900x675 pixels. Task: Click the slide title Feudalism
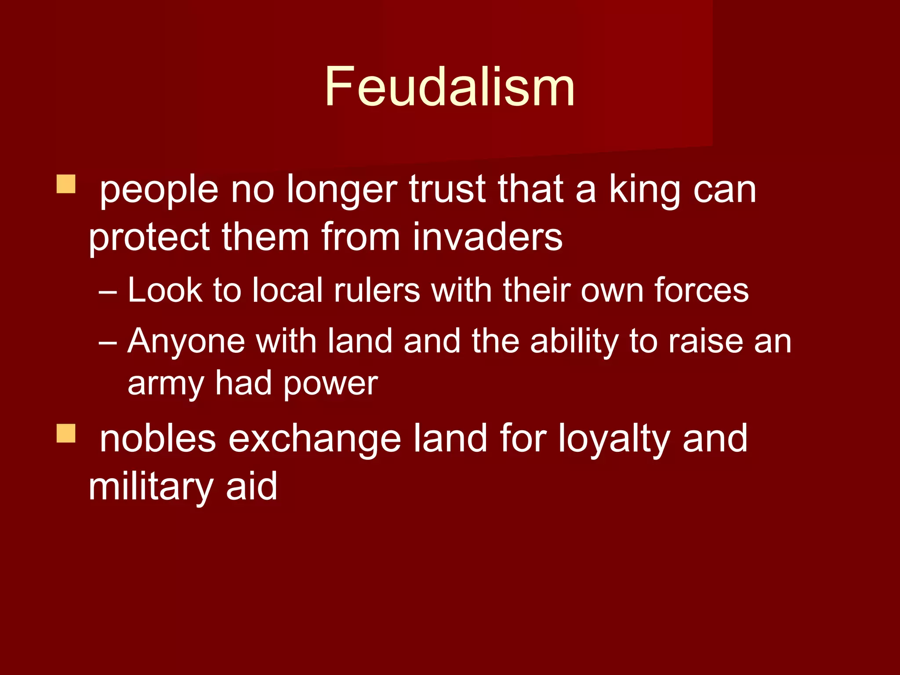coord(450,87)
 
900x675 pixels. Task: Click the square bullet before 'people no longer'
coord(66,184)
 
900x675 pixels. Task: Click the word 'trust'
coord(447,190)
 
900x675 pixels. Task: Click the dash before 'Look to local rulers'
coord(108,291)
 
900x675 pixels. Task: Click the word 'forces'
coord(701,290)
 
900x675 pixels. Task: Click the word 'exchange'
coord(314,439)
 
